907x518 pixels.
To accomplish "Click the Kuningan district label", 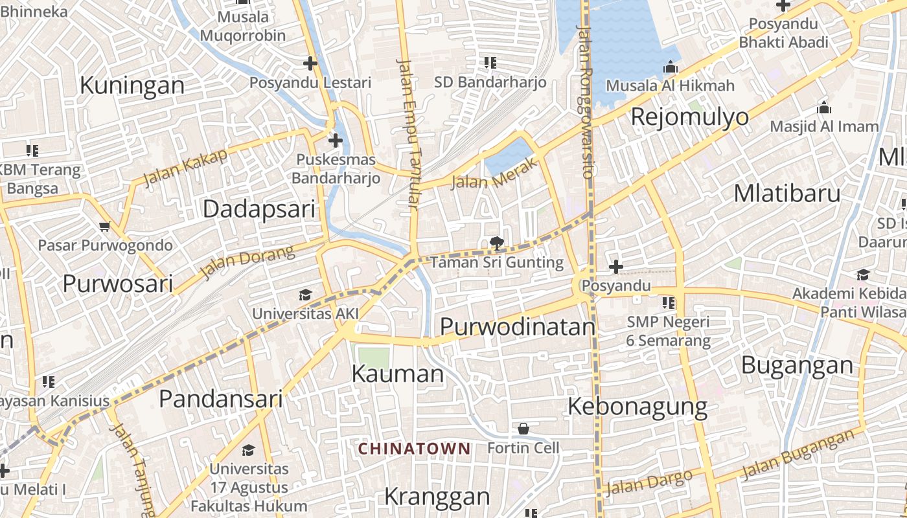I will point(132,85).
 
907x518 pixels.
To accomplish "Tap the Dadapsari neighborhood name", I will point(259,209).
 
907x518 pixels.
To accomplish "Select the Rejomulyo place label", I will point(689,117).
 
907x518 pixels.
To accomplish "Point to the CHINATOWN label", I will point(415,448).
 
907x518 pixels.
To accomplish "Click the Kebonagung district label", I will point(637,407).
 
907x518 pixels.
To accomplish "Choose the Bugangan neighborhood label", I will point(797,365).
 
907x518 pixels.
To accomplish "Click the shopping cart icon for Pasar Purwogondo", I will point(105,227).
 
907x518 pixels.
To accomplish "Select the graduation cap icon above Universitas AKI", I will point(305,295).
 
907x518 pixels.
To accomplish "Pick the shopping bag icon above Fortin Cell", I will point(523,429).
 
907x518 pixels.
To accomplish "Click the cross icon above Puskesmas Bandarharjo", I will point(336,140).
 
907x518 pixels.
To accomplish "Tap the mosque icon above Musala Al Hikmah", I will point(671,67).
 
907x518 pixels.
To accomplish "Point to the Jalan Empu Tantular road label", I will point(408,135).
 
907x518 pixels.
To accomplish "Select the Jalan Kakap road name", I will point(185,167).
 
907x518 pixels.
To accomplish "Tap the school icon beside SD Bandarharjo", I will point(490,63).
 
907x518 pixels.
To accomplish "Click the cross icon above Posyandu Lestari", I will point(310,63).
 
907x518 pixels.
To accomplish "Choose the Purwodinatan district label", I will point(517,327).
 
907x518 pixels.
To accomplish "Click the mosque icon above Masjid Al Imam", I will point(824,107).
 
